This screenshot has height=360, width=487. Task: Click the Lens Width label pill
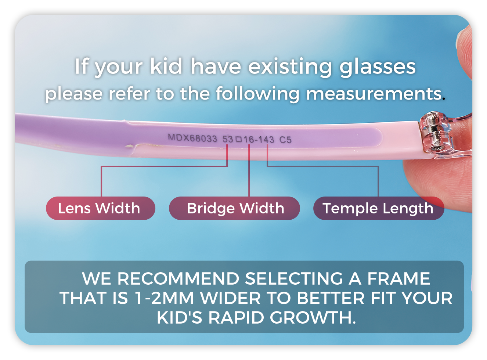click(x=100, y=208)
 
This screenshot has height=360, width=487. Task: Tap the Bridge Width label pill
click(x=234, y=208)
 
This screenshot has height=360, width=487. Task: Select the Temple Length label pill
click(x=379, y=208)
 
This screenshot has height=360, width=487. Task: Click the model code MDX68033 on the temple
click(x=192, y=138)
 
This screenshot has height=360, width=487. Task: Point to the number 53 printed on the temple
click(x=228, y=139)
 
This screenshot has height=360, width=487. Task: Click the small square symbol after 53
click(x=238, y=139)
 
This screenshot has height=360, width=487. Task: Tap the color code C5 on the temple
click(x=285, y=140)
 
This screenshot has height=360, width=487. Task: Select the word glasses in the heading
click(x=378, y=67)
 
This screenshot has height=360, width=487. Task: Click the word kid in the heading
click(x=166, y=66)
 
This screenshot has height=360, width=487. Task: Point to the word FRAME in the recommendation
click(x=399, y=278)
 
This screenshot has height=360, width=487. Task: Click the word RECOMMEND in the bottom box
click(x=178, y=278)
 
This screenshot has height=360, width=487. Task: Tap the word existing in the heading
click(x=290, y=67)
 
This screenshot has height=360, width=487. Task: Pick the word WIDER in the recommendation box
click(x=230, y=298)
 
